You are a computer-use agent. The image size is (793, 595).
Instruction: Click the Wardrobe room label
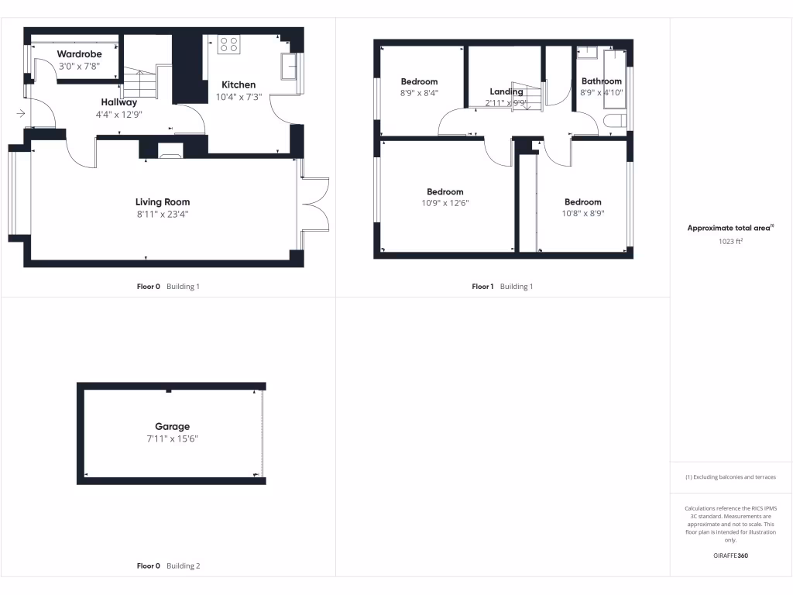coord(79,54)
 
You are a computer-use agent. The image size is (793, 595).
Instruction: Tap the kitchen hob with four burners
coord(228,44)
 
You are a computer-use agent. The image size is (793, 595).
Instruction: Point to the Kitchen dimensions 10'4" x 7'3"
coord(239,98)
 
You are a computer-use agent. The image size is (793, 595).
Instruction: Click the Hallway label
coord(118,102)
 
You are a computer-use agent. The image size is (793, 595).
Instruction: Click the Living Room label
coord(163,202)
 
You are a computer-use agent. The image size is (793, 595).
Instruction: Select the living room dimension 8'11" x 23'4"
coord(163,215)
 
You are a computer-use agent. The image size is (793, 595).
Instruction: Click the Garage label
coord(172,426)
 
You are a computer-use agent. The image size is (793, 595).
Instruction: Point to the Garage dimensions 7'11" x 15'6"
coord(172,439)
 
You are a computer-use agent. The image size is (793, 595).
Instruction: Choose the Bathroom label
coord(602,81)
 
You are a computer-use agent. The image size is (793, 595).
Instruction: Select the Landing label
coord(506,91)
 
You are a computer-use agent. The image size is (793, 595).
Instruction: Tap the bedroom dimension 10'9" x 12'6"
coord(445,204)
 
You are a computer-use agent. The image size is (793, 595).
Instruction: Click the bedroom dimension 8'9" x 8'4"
coord(419,93)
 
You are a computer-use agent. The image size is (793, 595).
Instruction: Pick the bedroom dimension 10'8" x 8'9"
coord(582,214)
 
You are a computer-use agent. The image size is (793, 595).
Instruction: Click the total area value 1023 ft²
coord(731,241)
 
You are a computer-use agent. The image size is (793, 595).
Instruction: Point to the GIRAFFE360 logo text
coord(731,555)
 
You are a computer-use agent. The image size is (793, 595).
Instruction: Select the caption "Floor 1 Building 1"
coord(503,287)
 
